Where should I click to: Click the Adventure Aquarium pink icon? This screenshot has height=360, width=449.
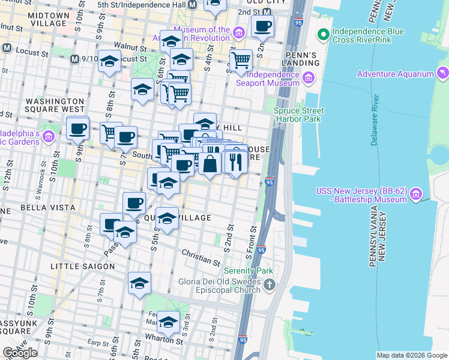click(443, 74)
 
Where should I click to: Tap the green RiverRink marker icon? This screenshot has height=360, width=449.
click(324, 34)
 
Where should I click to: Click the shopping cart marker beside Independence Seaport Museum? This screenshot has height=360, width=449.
click(241, 60)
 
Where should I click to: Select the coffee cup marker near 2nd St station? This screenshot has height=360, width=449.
click(262, 26)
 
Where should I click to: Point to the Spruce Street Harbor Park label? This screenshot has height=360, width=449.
click(298, 115)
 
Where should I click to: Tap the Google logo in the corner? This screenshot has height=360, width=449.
click(20, 353)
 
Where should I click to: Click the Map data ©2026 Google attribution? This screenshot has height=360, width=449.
click(412, 355)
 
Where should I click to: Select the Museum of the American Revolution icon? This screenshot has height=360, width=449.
click(239, 32)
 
